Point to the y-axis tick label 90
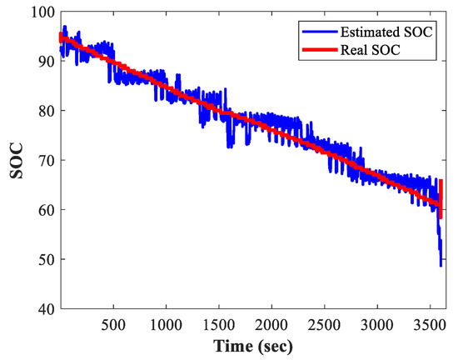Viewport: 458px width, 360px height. [45, 62]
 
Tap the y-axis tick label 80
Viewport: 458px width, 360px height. [45, 111]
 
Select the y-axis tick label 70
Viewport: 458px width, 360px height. [45, 160]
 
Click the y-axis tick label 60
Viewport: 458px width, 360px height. [45, 209]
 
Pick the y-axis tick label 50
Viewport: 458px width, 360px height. [45, 259]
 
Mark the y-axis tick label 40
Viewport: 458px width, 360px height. [45, 308]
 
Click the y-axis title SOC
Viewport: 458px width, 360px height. [14, 161]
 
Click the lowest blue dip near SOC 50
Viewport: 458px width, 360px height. [441, 265]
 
